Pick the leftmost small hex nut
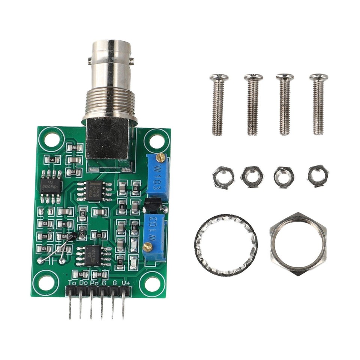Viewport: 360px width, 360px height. (223, 177)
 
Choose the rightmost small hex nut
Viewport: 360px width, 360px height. (318, 175)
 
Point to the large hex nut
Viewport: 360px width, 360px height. (298, 244)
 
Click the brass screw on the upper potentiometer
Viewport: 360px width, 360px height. (161, 157)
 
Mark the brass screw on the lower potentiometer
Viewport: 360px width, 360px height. (148, 246)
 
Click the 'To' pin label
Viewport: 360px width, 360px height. (73, 283)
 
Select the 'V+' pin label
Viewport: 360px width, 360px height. (126, 283)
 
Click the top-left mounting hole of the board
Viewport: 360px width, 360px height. (50, 139)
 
